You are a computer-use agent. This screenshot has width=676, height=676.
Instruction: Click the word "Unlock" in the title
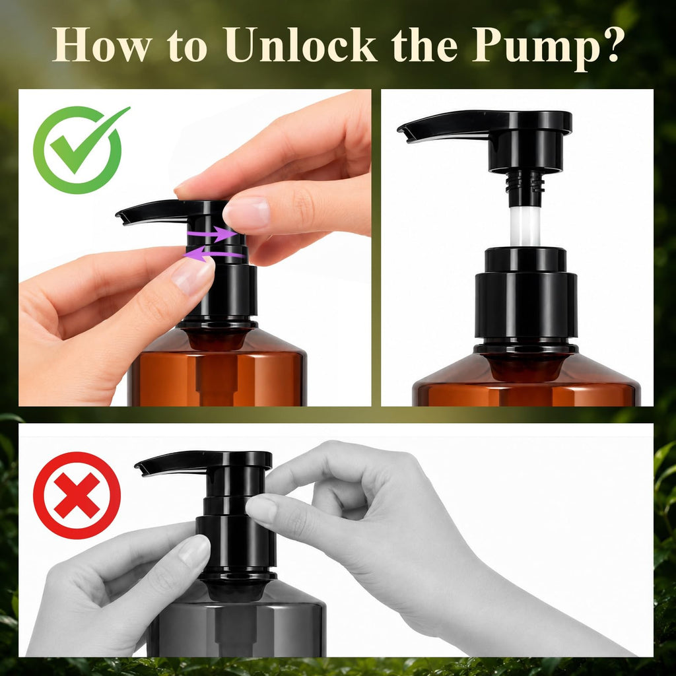pos(300,44)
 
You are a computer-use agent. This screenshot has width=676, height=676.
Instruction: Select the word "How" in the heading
pos(102,44)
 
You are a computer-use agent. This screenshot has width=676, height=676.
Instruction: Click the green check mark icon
pos(81,149)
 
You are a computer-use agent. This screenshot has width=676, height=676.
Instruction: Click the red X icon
pos(77,495)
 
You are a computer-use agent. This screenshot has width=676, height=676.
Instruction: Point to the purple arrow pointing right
pos(213,234)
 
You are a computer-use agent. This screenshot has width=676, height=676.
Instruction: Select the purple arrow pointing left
pos(214,253)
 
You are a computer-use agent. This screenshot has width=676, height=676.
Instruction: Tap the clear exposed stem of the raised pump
pos(525,226)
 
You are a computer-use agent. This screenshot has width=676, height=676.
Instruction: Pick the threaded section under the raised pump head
pos(525,183)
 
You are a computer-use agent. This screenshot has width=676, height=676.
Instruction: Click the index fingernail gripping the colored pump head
pos(247,212)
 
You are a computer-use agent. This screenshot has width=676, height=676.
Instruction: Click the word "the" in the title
pos(424,44)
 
